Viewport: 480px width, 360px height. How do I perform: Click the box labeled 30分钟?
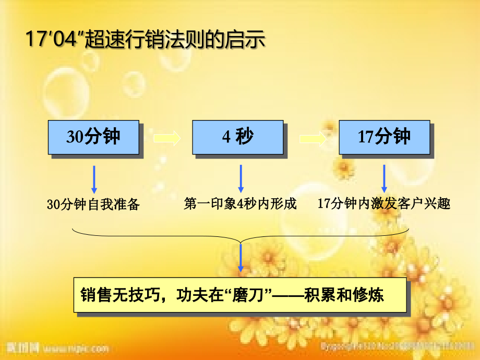(x=93, y=137)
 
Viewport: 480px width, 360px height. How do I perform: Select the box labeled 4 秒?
(x=237, y=137)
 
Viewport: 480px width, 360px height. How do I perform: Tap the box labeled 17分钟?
(x=384, y=137)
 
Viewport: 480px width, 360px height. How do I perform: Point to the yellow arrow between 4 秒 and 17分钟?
(x=313, y=139)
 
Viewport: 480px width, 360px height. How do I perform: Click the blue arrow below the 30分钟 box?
(x=94, y=179)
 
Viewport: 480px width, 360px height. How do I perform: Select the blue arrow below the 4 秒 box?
(x=241, y=179)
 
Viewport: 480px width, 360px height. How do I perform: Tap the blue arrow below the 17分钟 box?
(x=384, y=179)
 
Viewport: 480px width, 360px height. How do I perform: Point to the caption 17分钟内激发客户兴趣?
(x=384, y=203)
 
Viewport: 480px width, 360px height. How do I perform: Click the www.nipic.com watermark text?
(x=76, y=348)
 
